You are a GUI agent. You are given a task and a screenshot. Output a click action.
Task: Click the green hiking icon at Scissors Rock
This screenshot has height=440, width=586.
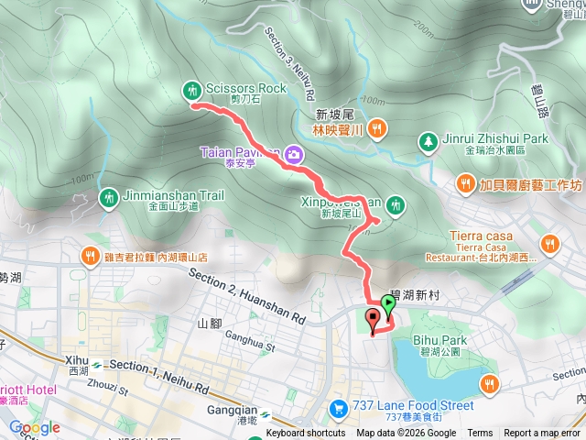(x=192, y=89)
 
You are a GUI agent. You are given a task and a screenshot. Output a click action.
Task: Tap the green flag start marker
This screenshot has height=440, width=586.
(x=388, y=303)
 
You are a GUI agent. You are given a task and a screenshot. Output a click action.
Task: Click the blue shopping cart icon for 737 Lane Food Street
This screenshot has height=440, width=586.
(x=339, y=407)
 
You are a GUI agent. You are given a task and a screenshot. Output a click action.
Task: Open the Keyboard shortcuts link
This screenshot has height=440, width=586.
(x=306, y=434)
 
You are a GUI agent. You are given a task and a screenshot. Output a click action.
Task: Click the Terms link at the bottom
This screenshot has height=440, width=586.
(x=479, y=434)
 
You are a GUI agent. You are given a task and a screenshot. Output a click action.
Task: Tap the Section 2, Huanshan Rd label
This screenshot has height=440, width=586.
(x=246, y=295)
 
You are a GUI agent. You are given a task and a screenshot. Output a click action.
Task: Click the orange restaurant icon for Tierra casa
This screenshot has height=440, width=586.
(x=549, y=243)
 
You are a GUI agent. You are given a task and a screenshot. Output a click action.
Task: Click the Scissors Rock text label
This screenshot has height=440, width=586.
(x=246, y=89)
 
